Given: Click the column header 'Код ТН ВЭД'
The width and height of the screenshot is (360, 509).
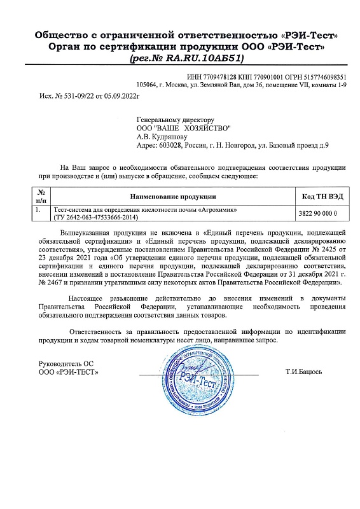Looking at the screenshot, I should [x=321, y=197].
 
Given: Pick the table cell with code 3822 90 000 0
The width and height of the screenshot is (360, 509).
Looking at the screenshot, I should [x=321, y=213].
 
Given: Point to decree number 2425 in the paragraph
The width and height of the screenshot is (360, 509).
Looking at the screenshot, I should [x=314, y=250].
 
